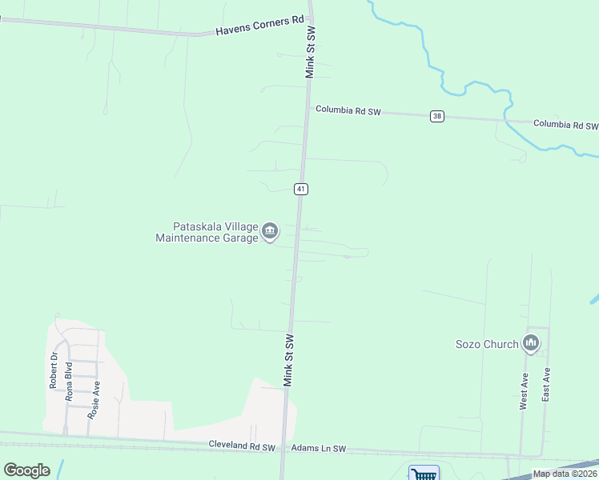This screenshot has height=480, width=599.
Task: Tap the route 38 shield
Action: (436, 116)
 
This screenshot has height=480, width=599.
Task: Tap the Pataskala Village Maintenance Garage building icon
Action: (270, 232)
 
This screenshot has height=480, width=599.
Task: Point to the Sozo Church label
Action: (487, 344)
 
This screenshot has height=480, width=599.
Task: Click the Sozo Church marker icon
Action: (530, 343)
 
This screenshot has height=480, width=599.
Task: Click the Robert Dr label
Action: (54, 370)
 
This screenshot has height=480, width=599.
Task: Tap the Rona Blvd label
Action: (70, 381)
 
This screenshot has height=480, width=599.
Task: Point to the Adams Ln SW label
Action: (319, 449)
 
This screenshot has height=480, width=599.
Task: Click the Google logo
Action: (26, 470)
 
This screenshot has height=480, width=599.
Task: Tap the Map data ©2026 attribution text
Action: (565, 474)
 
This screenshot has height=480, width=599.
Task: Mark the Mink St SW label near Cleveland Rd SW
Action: (289, 360)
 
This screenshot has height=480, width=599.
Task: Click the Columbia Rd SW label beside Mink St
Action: (348, 111)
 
